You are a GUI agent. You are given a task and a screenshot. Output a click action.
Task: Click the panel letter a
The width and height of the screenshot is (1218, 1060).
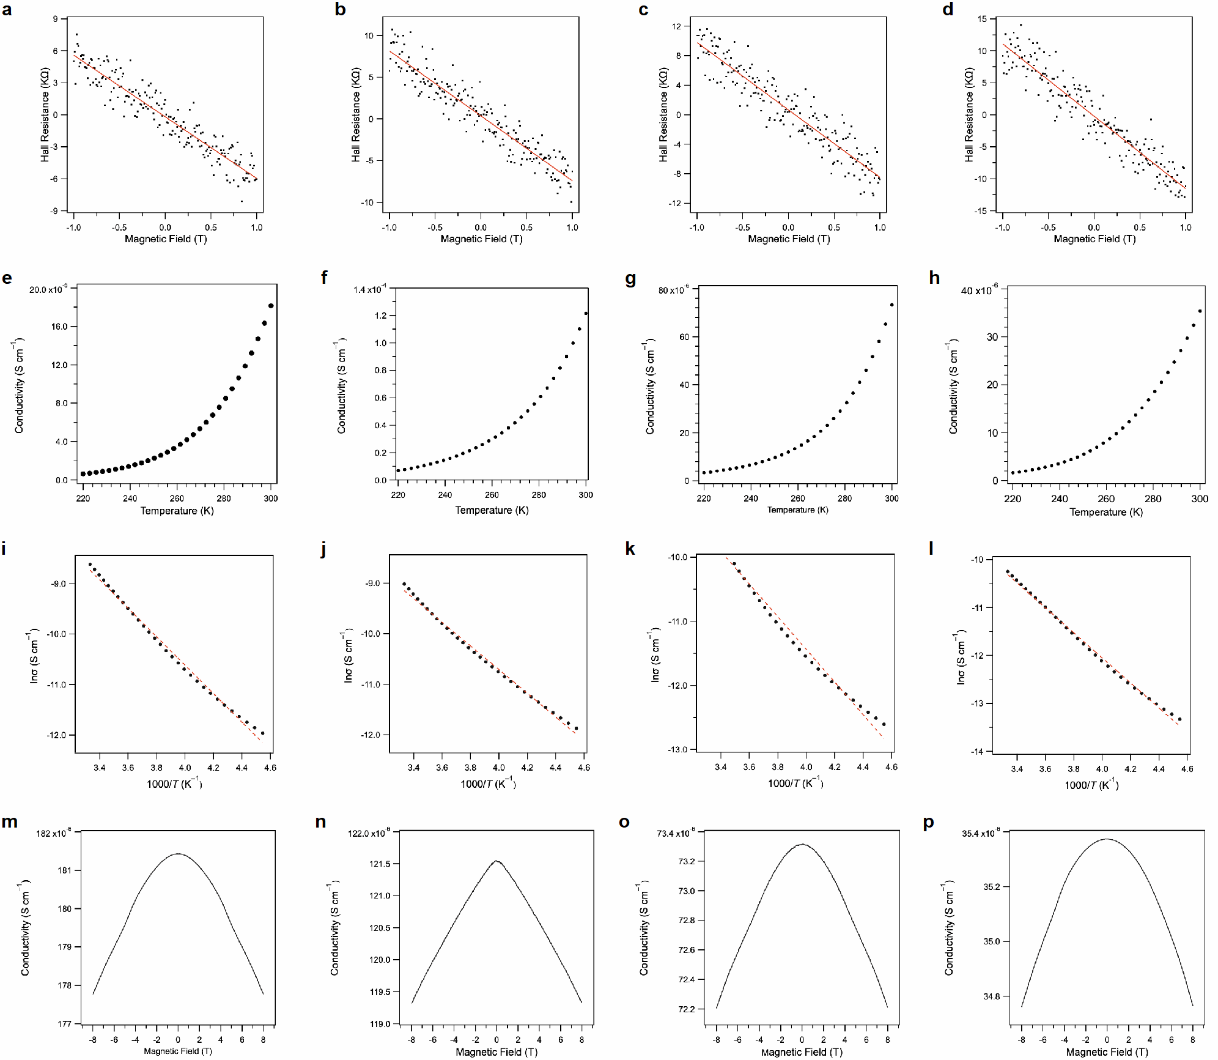pyautogui.click(x=7, y=10)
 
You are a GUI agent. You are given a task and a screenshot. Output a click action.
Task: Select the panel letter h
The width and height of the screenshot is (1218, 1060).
pyautogui.click(x=934, y=278)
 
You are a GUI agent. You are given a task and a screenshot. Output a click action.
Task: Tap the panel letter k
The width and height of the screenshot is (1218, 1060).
pyautogui.click(x=630, y=549)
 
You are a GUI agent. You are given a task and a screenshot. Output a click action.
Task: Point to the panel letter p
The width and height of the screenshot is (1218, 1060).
pyautogui.click(x=929, y=823)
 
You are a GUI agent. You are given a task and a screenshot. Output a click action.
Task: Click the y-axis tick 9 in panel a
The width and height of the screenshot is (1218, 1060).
pyautogui.click(x=56, y=19)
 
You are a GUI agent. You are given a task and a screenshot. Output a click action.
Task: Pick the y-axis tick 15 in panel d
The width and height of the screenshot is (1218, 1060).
pyautogui.click(x=982, y=19)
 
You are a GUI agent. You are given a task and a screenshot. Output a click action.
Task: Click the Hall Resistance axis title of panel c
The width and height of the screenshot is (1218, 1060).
pyautogui.click(x=663, y=115)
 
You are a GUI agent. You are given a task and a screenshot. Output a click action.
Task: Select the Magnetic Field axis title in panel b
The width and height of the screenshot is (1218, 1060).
pyautogui.click(x=481, y=239)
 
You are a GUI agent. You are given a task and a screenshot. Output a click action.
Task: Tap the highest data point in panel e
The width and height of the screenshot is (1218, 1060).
pyautogui.click(x=271, y=306)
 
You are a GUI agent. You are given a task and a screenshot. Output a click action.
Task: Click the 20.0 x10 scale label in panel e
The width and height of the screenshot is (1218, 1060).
pyautogui.click(x=48, y=289)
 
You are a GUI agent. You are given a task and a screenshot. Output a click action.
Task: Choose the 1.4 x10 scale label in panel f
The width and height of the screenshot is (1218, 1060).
pyautogui.click(x=369, y=289)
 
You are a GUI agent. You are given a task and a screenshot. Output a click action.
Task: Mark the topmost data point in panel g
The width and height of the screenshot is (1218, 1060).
pyautogui.click(x=892, y=305)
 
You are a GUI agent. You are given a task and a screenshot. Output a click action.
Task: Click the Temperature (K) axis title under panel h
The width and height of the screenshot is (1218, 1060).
pyautogui.click(x=1106, y=512)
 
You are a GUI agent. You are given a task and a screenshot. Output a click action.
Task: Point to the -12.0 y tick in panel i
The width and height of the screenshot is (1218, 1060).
pyautogui.click(x=56, y=735)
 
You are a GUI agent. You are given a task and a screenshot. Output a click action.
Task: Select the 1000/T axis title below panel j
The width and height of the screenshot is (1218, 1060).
pyautogui.click(x=488, y=784)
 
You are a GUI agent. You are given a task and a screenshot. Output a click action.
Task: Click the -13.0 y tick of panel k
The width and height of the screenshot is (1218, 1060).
pyautogui.click(x=677, y=749)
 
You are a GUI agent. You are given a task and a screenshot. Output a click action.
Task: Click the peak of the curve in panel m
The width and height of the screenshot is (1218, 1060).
pyautogui.click(x=178, y=854)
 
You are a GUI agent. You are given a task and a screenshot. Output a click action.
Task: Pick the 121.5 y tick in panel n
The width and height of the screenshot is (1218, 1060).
pyautogui.click(x=380, y=864)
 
